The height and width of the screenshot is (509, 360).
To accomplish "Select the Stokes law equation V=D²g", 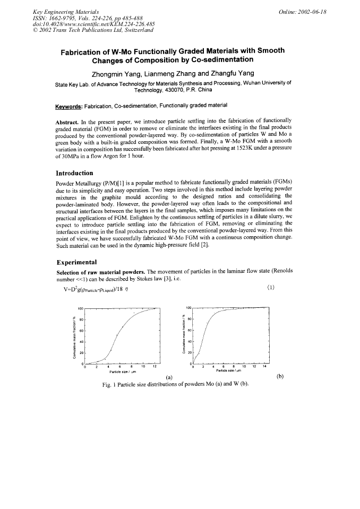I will click(98, 289).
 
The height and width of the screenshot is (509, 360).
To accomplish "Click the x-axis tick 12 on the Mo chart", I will click(155, 366).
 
